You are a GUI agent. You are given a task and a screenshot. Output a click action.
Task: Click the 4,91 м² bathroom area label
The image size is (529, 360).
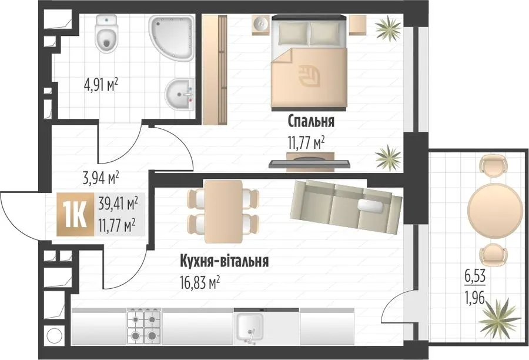pos(101,85)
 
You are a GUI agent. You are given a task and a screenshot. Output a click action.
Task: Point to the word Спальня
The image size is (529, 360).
pos(311,121)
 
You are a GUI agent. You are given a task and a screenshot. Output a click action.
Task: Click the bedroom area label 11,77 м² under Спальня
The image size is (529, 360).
pos(306,143)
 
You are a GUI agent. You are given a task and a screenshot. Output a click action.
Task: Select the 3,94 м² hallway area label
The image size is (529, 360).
pos(101,178)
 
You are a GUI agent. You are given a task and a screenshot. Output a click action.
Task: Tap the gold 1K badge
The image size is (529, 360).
pos(75,214)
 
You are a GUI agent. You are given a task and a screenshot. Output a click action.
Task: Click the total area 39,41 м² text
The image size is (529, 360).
pos(118,205)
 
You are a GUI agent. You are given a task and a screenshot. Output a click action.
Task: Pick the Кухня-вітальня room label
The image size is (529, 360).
pos(225,261)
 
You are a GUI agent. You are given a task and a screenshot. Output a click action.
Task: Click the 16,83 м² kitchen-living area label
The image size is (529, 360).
pos(200,282)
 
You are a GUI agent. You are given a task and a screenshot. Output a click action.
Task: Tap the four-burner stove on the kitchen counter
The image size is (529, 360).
pos(144,327)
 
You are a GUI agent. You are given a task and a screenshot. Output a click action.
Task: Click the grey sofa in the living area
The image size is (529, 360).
pos(346,207)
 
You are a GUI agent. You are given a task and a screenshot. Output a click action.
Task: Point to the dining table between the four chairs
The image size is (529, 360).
pos(223,211)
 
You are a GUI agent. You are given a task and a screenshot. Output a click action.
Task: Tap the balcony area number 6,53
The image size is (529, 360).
pos(476,276)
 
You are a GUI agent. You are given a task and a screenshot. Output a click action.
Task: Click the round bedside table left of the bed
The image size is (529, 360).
pos(260,25)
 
